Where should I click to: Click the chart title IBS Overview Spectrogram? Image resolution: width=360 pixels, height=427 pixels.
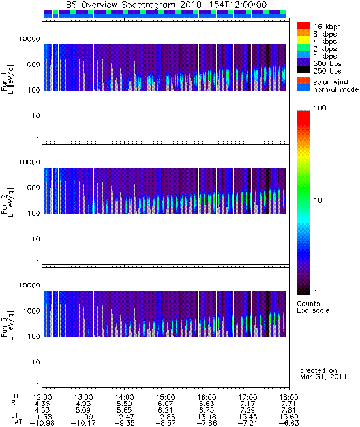pos(119,5)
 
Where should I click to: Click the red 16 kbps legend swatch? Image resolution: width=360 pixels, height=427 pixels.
pos(304,25)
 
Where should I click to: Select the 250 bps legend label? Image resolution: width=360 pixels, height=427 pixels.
pos(327,71)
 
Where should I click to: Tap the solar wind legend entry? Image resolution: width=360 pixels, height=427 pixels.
pos(331,82)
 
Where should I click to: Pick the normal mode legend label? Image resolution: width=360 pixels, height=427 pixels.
pos(336,89)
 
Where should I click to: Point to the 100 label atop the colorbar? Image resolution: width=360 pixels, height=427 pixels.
pos(320,108)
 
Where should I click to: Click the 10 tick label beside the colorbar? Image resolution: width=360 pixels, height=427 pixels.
pos(318,200)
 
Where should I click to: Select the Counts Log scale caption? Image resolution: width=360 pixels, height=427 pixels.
pos(313,307)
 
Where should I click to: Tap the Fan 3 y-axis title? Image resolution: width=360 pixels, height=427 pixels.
pos(7,324)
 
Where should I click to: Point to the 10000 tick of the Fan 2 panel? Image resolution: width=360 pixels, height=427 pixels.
pos(29,162)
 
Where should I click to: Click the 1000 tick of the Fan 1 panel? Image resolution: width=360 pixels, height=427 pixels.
pos(31,65)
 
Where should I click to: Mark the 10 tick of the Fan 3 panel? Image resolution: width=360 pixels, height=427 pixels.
pos(36,362)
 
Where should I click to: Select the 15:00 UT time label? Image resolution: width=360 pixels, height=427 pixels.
pos(166,397)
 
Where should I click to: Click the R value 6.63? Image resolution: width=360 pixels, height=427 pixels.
pos(207,404)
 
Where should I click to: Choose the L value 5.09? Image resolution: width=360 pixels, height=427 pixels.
pos(83,410)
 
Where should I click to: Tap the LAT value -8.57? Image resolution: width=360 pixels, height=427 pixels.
pos(166,423)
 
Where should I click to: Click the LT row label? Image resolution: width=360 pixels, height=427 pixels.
pos(15,417)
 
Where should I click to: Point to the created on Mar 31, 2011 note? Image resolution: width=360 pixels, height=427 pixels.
pos(323,374)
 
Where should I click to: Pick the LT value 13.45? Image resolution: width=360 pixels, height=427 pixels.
pos(248,417)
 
